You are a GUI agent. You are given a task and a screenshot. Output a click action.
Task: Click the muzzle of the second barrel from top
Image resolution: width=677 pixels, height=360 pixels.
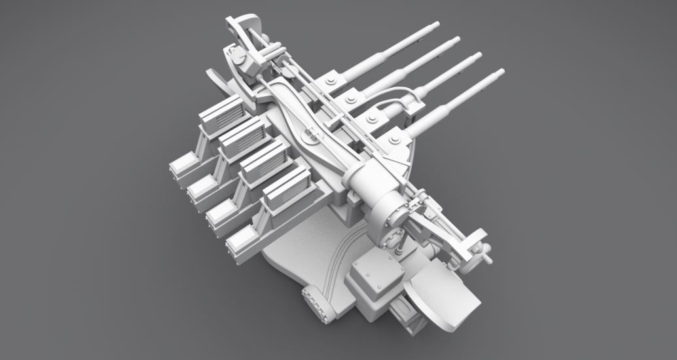(456, 41)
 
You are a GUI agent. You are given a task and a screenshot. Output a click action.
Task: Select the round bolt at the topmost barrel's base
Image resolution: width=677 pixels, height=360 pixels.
(329, 82)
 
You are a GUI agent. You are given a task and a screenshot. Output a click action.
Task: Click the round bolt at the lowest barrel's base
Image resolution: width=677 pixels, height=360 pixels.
(393, 138)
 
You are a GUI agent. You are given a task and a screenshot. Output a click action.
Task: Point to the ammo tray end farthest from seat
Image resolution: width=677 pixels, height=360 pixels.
(183, 166)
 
